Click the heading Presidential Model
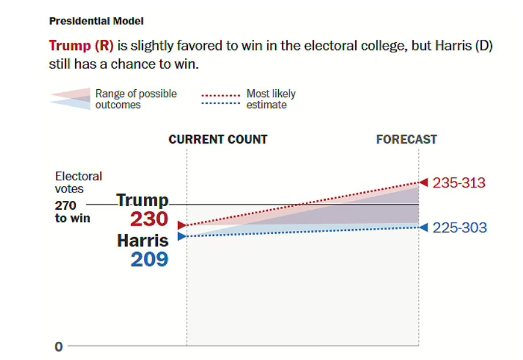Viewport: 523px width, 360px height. click(x=96, y=21)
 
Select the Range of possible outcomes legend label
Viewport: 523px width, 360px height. click(x=136, y=99)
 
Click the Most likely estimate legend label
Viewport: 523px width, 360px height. click(x=271, y=99)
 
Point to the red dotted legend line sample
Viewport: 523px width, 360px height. click(x=221, y=95)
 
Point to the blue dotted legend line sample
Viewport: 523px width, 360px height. click(x=221, y=105)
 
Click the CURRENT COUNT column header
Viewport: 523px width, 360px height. click(x=218, y=140)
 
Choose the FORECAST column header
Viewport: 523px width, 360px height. click(x=406, y=140)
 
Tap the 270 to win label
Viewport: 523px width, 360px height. click(x=72, y=212)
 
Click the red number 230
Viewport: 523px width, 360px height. click(x=149, y=220)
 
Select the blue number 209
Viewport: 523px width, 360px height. click(x=149, y=259)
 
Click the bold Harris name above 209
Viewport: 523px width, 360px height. click(x=143, y=240)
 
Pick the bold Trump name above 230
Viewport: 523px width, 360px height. click(x=143, y=200)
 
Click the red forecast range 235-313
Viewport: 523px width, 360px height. click(x=459, y=183)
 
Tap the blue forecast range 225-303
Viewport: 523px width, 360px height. click(x=460, y=227)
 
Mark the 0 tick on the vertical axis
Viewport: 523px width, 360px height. click(x=58, y=346)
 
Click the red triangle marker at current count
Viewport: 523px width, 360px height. click(x=182, y=225)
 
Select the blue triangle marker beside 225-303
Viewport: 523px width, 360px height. click(x=424, y=227)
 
